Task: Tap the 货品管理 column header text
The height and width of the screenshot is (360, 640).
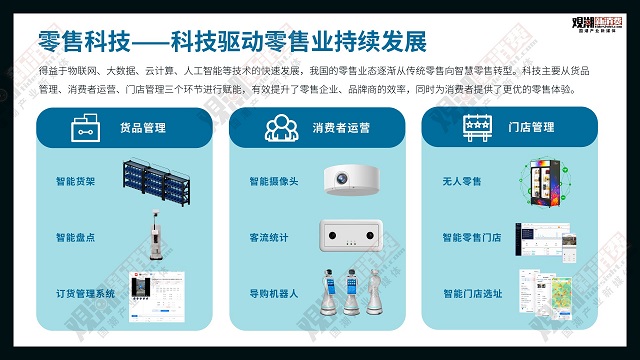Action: point(142,128)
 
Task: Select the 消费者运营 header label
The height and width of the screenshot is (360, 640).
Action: point(341,128)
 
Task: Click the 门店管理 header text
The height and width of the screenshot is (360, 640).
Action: point(531,128)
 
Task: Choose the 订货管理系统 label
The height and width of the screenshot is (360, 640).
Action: point(86,294)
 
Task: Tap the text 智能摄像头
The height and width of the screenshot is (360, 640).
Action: point(273,182)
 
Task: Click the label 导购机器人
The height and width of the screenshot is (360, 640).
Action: point(273,294)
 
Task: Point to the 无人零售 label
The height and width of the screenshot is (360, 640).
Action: point(461,182)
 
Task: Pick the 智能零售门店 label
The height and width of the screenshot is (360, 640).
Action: point(472,238)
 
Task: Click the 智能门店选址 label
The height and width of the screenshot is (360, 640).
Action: point(472,294)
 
